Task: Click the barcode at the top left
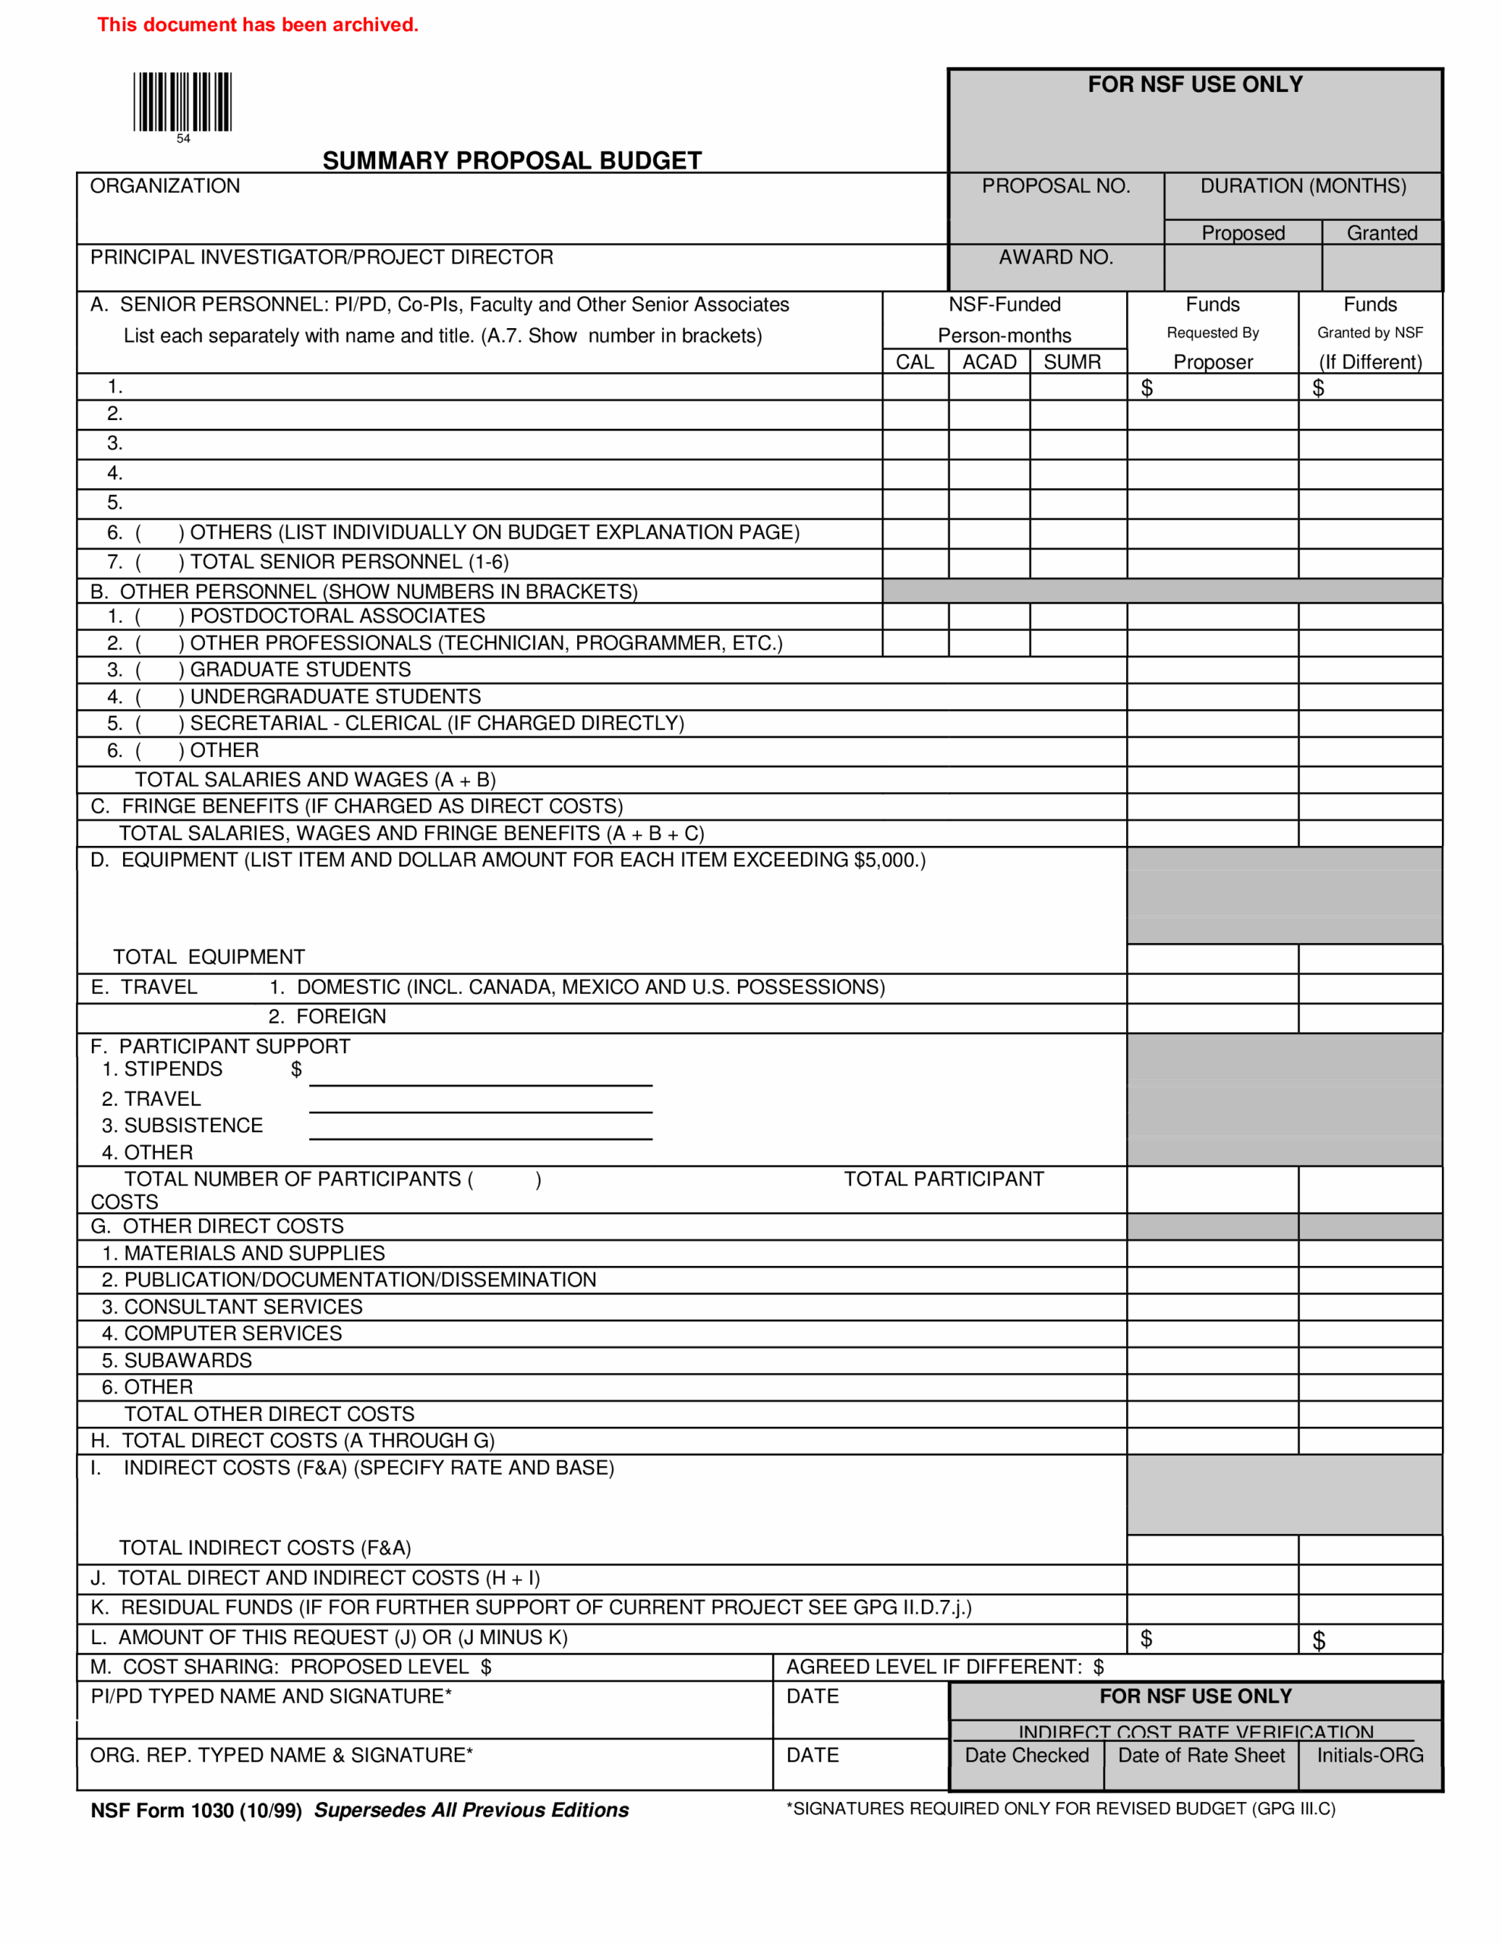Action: [182, 103]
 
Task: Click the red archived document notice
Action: [257, 25]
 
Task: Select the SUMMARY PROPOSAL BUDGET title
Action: [512, 161]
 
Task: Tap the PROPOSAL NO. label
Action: [1056, 186]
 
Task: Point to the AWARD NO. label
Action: [1056, 257]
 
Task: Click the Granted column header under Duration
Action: [1381, 233]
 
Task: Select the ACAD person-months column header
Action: [989, 362]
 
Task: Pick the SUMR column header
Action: [1072, 362]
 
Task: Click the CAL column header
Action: [914, 362]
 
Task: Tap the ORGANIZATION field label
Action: [165, 186]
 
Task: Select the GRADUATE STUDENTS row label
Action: [300, 669]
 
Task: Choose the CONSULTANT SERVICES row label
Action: [242, 1307]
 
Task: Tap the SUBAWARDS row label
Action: [187, 1360]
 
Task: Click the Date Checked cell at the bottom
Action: [1027, 1756]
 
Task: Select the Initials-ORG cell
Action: [1369, 1756]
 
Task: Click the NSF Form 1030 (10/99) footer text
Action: [196, 1810]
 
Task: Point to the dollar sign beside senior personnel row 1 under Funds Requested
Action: [1147, 388]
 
